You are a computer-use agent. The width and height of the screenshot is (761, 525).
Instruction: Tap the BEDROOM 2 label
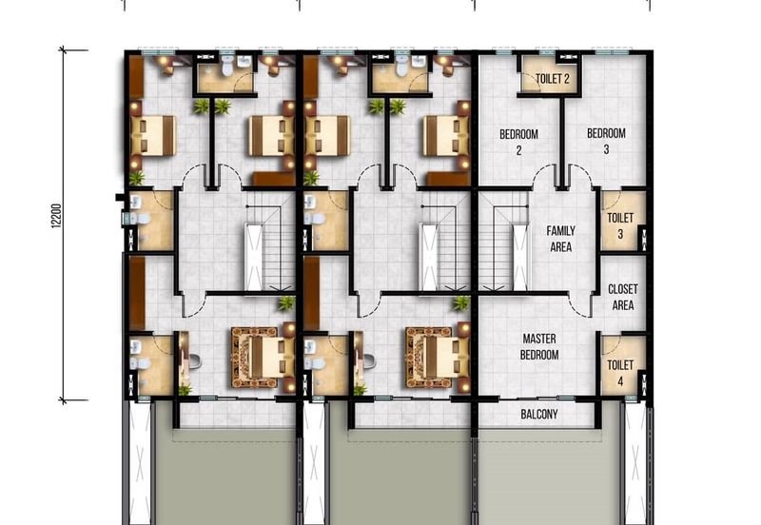518,142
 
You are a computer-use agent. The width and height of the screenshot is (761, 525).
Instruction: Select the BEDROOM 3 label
606,142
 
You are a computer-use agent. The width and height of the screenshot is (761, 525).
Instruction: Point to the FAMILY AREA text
560,239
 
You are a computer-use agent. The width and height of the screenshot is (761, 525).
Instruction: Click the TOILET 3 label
620,225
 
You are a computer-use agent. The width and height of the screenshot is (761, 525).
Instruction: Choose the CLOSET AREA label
623,297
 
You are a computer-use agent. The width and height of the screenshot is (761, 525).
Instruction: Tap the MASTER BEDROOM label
538,346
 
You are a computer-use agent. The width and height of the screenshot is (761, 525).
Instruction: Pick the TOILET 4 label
620,372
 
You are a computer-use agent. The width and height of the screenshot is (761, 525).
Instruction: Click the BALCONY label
538,415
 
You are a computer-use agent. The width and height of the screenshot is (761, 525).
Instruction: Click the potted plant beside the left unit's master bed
286,302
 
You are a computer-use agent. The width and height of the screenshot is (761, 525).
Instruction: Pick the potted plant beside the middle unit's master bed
461,302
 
